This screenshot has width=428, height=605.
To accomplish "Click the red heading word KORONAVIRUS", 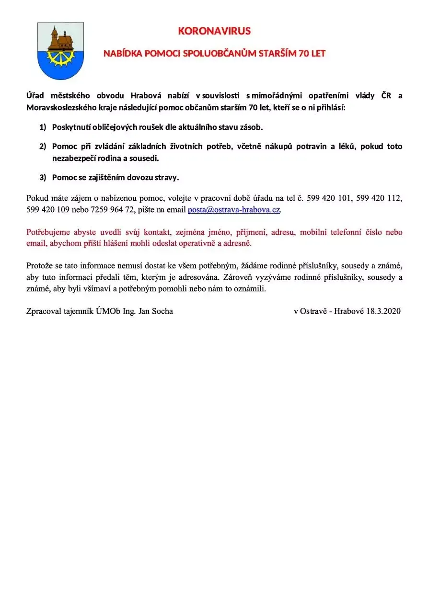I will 214,31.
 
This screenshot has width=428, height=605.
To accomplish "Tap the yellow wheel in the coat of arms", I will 60,57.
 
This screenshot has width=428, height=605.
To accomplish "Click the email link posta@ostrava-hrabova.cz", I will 233,210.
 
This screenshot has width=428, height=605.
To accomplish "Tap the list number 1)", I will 43,127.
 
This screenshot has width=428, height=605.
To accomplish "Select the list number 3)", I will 43,177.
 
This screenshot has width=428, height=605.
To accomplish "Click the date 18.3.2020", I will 383,311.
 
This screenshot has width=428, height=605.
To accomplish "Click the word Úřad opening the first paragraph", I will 35,95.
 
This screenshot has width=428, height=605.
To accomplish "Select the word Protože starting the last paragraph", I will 40,266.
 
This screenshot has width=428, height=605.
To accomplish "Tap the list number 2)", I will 43,146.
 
